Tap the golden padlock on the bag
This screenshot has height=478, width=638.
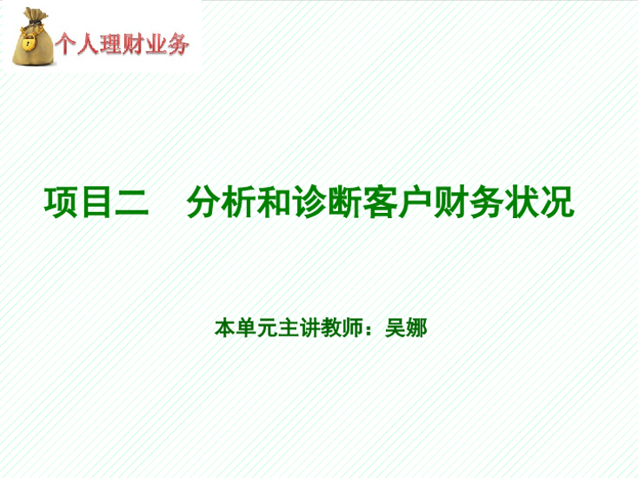(x=28, y=43)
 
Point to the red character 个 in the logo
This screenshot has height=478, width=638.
(x=66, y=44)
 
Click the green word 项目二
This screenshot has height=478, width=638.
(x=96, y=202)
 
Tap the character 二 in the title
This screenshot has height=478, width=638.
(x=132, y=202)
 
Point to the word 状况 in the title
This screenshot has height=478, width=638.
(x=539, y=202)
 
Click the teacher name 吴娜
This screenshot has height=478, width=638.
(x=406, y=328)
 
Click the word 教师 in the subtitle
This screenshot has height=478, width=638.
(x=342, y=328)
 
